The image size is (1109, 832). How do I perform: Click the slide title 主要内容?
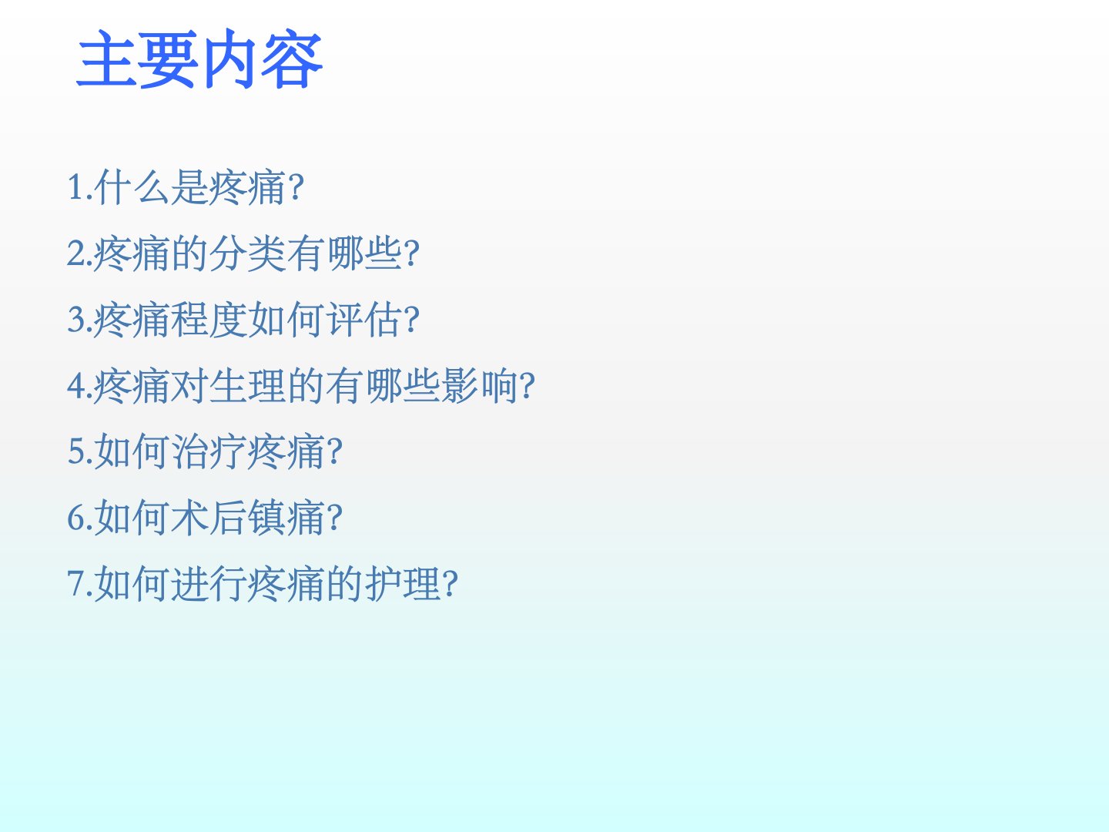pyautogui.click(x=199, y=59)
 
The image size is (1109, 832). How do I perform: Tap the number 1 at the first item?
pyautogui.click(x=75, y=186)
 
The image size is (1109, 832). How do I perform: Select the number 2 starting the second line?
pyautogui.click(x=75, y=253)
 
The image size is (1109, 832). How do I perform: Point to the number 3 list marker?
pyautogui.click(x=75, y=319)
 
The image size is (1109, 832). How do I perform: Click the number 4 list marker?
pyautogui.click(x=75, y=385)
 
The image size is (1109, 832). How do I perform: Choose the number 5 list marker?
pyautogui.click(x=75, y=451)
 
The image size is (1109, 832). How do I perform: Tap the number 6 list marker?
pyautogui.click(x=75, y=517)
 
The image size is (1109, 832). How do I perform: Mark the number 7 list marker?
pyautogui.click(x=75, y=583)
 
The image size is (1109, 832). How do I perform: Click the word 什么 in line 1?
pyautogui.click(x=132, y=187)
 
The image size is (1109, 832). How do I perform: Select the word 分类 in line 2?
pyautogui.click(x=247, y=253)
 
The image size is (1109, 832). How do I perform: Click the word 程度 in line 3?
pyautogui.click(x=209, y=319)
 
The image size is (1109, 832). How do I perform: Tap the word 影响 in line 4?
pyautogui.click(x=480, y=385)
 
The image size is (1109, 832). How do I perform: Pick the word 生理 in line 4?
pyautogui.click(x=247, y=385)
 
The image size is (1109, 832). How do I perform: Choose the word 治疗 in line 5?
pyautogui.click(x=209, y=451)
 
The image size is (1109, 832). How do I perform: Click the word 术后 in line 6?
pyautogui.click(x=209, y=518)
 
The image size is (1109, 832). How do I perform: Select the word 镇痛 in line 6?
pyautogui.click(x=286, y=518)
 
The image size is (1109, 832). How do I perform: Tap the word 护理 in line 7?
pyautogui.click(x=403, y=584)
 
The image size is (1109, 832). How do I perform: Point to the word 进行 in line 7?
pyautogui.click(x=209, y=584)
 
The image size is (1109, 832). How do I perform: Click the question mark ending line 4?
pyautogui.click(x=527, y=386)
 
